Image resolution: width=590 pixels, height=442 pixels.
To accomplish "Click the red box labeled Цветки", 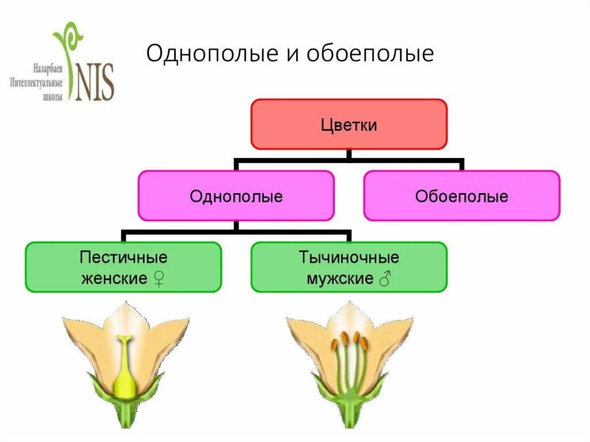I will pyautogui.click(x=349, y=124).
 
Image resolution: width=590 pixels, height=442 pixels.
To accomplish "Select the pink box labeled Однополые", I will pyautogui.click(x=236, y=196).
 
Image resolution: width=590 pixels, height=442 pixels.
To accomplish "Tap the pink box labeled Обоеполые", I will pyautogui.click(x=462, y=196).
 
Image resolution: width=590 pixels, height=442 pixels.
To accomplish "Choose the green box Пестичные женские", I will pyautogui.click(x=123, y=267).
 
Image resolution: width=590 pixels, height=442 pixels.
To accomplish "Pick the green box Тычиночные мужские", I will pyautogui.click(x=349, y=267).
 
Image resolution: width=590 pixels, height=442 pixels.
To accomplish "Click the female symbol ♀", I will pyautogui.click(x=160, y=279).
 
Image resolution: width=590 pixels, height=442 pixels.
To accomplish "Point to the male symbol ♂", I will pyautogui.click(x=385, y=279).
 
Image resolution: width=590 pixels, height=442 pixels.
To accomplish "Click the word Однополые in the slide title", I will pyautogui.click(x=209, y=54).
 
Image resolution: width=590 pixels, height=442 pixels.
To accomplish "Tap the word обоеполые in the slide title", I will pyautogui.click(x=370, y=54).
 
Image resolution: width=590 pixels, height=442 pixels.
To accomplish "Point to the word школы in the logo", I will pyautogui.click(x=52, y=97).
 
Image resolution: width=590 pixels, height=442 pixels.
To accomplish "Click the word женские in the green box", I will pyautogui.click(x=114, y=279).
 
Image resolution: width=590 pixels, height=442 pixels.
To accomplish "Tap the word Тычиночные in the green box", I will pyautogui.click(x=349, y=256).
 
